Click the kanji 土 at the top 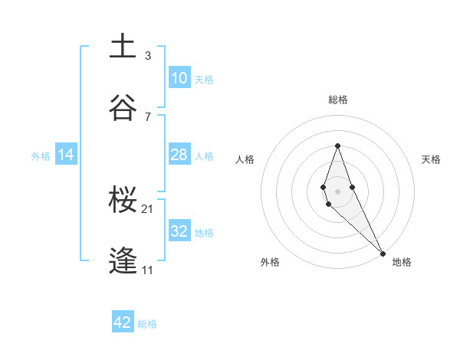tap(123, 46)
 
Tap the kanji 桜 tap(123, 200)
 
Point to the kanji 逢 tap(123, 261)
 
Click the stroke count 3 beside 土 tap(148, 56)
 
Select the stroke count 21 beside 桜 tap(149, 209)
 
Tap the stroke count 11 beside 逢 tap(149, 270)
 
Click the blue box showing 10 tap(179, 78)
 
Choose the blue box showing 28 tap(179, 155)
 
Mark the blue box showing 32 tap(179, 231)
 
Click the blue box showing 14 tap(66, 155)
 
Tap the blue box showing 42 tap(123, 322)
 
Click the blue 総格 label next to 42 tap(147, 324)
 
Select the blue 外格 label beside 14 tap(41, 156)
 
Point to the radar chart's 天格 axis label tap(431, 159)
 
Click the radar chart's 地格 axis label tap(402, 262)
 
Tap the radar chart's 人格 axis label tap(245, 159)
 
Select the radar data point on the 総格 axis tap(337, 146)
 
